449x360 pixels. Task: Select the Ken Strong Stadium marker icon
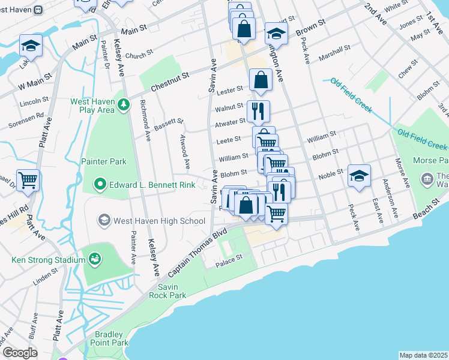(x=95, y=259)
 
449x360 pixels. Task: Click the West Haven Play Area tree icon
(x=124, y=105)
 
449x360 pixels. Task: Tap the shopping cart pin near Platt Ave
(x=28, y=179)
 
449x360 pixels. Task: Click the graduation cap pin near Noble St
(x=359, y=175)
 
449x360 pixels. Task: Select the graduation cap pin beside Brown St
(x=276, y=32)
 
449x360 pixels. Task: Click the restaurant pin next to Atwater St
(x=259, y=111)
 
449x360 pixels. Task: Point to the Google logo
(x=20, y=352)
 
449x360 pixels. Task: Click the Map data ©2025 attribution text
(x=424, y=355)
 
